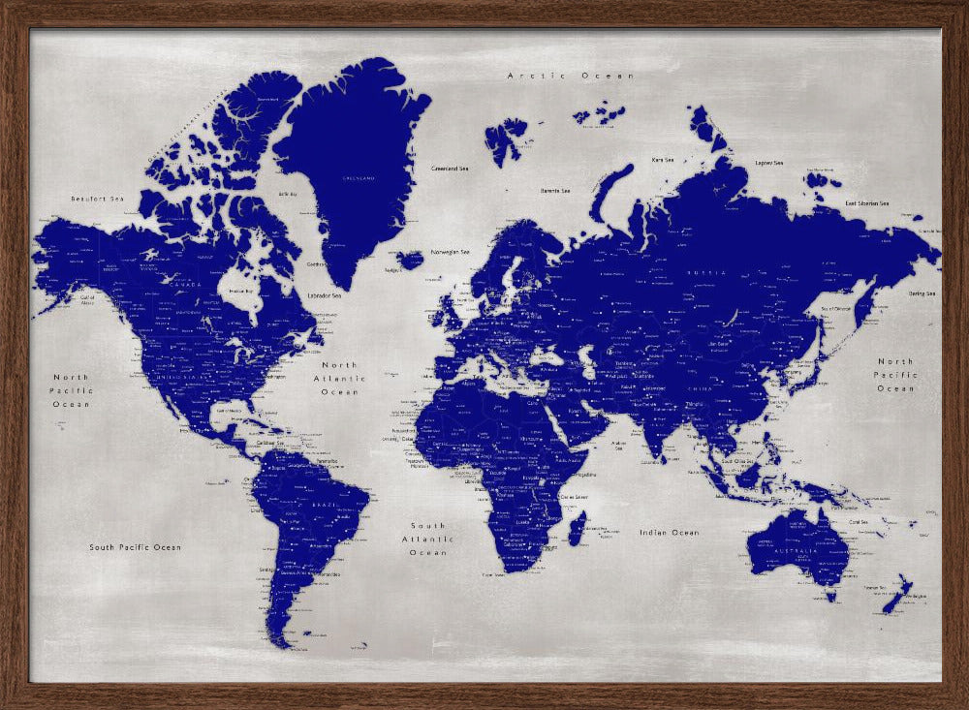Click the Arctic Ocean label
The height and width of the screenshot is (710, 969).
571,76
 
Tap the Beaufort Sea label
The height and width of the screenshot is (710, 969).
98,199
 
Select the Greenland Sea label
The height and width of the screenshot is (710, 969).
451,168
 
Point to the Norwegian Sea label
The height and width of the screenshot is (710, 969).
451,252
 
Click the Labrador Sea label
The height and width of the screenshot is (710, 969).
325,294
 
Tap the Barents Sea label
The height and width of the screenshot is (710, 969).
555,191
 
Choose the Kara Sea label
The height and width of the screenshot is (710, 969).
663,160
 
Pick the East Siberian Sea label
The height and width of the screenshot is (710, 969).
867,203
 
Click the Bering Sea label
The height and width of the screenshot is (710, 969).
922,293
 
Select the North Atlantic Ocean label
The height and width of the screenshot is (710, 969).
339,379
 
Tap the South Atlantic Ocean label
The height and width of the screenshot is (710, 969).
427,539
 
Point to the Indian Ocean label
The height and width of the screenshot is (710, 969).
669,533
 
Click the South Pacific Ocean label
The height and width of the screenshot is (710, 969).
135,547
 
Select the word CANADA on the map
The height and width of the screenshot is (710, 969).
185,285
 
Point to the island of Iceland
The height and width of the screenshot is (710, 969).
410,260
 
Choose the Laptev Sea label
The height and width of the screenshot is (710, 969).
770,163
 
